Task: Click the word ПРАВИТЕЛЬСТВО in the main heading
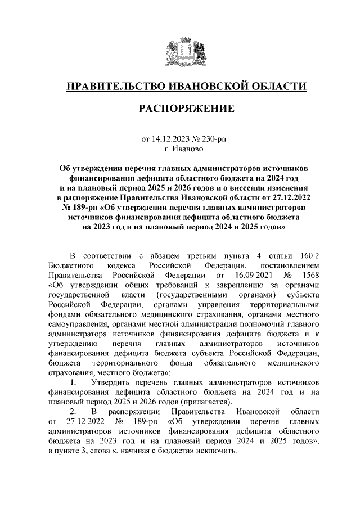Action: [114, 87]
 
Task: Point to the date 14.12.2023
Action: [169, 138]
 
